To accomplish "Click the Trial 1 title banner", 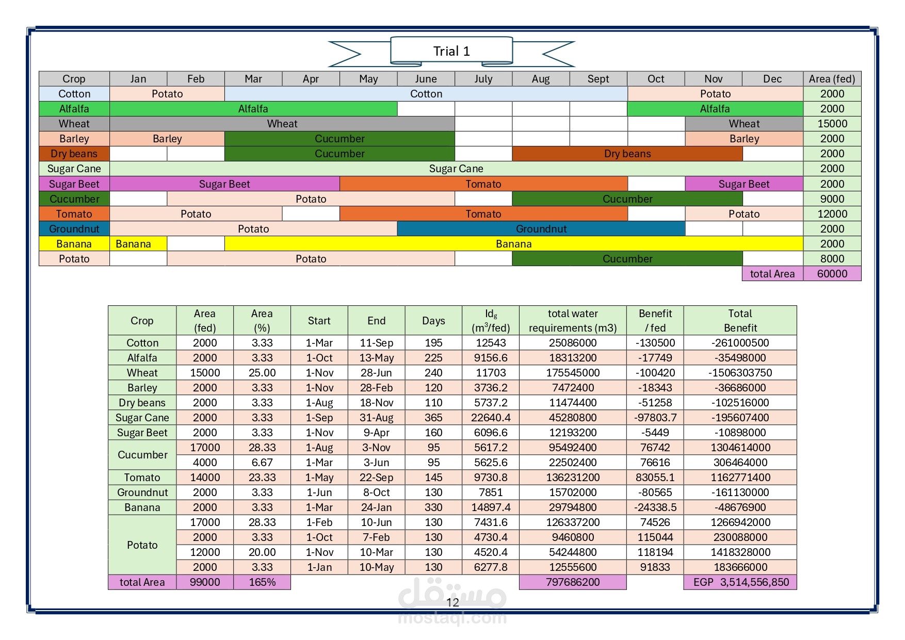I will click(x=451, y=51).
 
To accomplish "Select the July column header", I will click(x=483, y=79).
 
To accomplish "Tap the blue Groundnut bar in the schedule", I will click(x=541, y=229).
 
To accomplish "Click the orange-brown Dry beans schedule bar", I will click(x=627, y=154).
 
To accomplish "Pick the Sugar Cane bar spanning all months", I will click(x=456, y=169).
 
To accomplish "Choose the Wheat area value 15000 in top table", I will click(x=832, y=124).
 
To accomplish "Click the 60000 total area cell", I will click(x=832, y=274).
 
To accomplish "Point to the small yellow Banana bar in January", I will click(x=134, y=244).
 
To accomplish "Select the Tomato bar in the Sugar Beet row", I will click(x=483, y=184).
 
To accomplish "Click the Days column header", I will click(x=433, y=321).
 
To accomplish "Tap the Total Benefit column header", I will click(x=740, y=321).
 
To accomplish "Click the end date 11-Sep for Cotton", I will click(x=376, y=343).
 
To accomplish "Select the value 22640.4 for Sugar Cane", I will click(x=491, y=418).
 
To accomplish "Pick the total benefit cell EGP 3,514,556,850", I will click(x=740, y=582).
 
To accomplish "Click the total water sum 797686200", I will click(x=573, y=582).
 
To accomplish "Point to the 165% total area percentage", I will click(x=262, y=582).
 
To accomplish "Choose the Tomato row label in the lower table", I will click(x=142, y=478).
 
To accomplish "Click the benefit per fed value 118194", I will click(x=655, y=552).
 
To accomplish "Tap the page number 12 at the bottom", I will click(x=453, y=602).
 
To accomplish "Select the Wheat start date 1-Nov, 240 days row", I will click(x=319, y=373).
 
